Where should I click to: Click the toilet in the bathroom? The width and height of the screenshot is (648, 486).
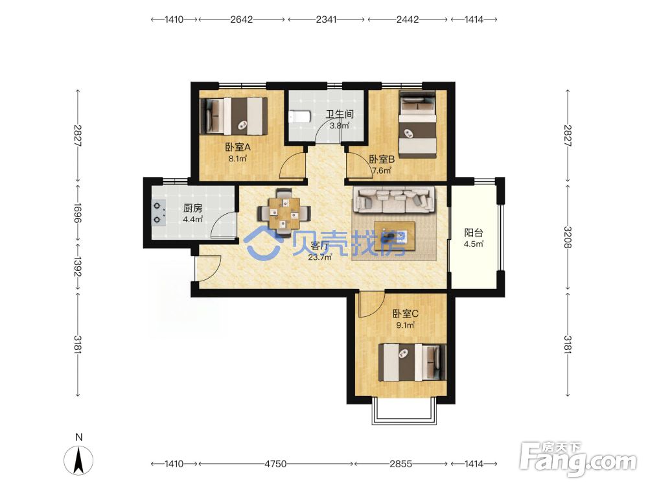(299, 117)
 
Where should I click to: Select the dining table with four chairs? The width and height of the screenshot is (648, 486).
(284, 213)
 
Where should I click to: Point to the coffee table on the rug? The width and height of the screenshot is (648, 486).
(395, 236)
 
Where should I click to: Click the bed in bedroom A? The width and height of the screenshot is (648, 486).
(233, 116)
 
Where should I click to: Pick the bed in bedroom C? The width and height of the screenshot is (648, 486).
(412, 362)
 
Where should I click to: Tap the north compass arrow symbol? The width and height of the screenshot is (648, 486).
(78, 460)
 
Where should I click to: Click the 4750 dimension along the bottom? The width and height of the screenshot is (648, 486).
(275, 464)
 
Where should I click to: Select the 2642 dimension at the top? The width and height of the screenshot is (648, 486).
(241, 19)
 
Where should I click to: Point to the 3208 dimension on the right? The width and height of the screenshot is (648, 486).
(568, 237)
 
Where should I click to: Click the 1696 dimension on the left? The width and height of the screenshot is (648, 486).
(78, 213)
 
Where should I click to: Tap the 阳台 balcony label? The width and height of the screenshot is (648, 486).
(474, 233)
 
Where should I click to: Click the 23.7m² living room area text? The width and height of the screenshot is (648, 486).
(320, 257)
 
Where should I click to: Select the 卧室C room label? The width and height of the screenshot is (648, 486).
(406, 314)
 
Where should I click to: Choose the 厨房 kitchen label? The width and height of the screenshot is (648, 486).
(192, 208)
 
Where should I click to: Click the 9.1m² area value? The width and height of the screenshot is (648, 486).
(406, 325)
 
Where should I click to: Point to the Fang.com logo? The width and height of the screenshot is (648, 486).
(579, 457)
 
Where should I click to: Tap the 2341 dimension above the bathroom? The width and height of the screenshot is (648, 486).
(326, 19)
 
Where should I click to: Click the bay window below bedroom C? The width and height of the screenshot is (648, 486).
(404, 411)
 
